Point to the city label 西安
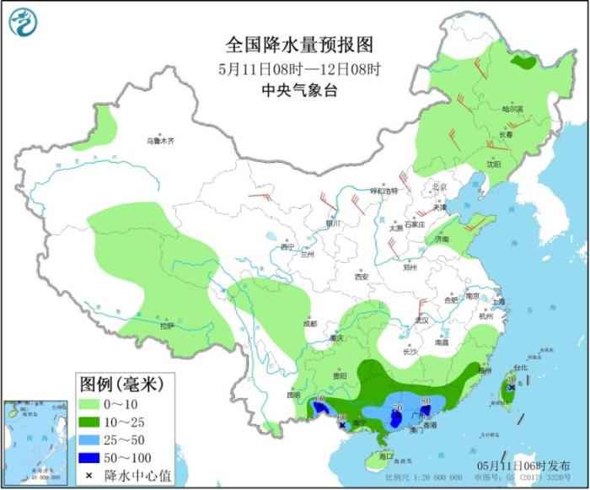tap(361, 276)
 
